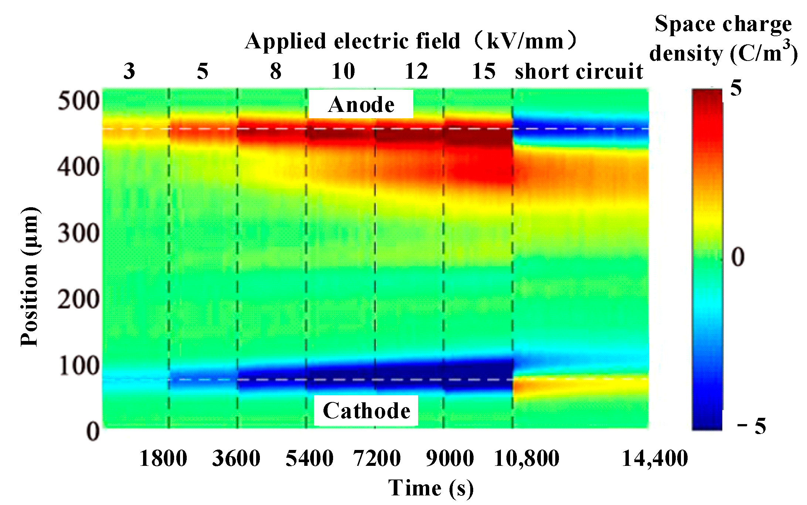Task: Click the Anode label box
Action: point(361,105)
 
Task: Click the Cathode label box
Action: point(366,411)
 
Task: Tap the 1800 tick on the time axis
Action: point(163,458)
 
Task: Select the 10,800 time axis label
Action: point(526,458)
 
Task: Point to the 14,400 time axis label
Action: point(655,458)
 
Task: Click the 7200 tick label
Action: point(377,458)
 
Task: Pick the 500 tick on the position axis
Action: point(78,100)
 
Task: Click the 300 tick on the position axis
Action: point(78,233)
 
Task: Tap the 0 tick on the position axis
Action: point(92,431)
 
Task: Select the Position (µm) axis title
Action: point(30,277)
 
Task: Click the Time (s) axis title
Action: point(431,488)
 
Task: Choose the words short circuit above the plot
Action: point(579,71)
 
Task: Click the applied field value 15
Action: point(484,71)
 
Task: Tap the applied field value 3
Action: point(129,71)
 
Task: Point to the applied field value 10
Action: point(343,71)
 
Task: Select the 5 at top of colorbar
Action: point(736,88)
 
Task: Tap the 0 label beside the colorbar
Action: point(738,257)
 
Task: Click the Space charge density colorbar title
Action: point(723,39)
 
